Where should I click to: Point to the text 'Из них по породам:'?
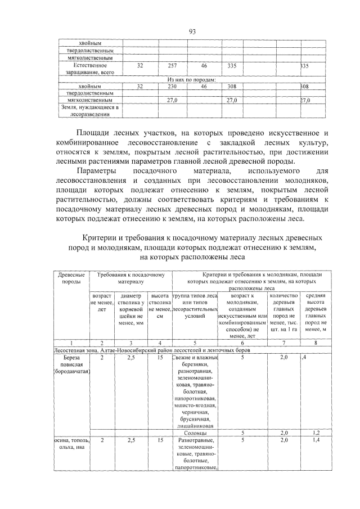coord(191,80)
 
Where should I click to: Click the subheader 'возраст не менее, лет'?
coord(102,301)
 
